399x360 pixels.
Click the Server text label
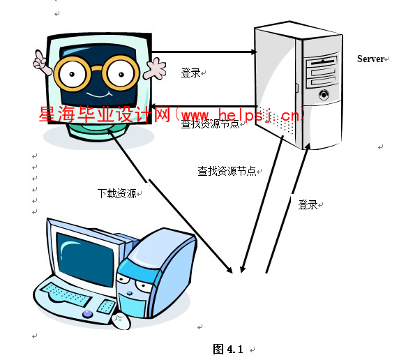pyautogui.click(x=370, y=59)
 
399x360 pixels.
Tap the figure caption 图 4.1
pyautogui.click(x=228, y=349)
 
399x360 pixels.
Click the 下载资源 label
pyautogui.click(x=117, y=193)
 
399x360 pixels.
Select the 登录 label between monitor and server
pyautogui.click(x=190, y=73)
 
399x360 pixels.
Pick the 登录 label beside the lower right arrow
pyautogui.click(x=308, y=204)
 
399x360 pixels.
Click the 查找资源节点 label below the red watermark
pyautogui.click(x=210, y=123)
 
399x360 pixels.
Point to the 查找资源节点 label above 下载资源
pyautogui.click(x=227, y=171)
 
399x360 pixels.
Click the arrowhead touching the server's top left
pyautogui.click(x=254, y=52)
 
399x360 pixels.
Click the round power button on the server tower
pyautogui.click(x=324, y=94)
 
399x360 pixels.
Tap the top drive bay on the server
pyautogui.click(x=322, y=61)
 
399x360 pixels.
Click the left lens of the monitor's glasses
pyautogui.click(x=72, y=74)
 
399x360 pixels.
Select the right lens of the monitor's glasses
pyautogui.click(x=121, y=73)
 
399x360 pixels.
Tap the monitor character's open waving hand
pyautogui.click(x=156, y=69)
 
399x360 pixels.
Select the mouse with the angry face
pyautogui.click(x=121, y=321)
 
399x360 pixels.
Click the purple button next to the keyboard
pyautogui.click(x=87, y=314)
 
